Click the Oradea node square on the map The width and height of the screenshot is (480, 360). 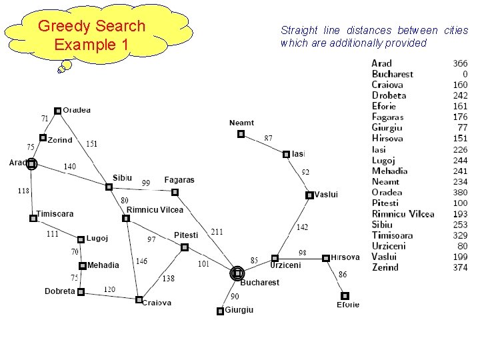pos(58,111)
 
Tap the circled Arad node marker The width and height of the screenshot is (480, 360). pos(31,164)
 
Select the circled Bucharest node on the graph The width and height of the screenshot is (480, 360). pos(237,273)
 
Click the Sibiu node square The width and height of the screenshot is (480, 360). pos(109,187)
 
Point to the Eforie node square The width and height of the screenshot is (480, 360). pos(345,295)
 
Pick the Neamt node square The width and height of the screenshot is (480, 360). pos(241,134)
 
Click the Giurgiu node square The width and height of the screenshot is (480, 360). pos(221,311)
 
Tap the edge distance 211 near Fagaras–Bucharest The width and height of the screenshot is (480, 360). pos(217,232)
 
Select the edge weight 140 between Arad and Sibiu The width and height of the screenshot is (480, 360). pos(69,166)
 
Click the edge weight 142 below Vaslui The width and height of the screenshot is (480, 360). pos(302,227)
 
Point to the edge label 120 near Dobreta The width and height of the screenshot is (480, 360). pos(109,289)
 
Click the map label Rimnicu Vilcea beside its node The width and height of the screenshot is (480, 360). pos(155,210)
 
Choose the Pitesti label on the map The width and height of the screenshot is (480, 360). pos(186,235)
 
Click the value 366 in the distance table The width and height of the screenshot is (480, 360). pos(460,63)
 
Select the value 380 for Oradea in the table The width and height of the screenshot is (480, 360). pos(460,193)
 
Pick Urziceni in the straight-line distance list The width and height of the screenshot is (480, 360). pos(389,246)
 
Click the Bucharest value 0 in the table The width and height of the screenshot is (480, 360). pos(465,74)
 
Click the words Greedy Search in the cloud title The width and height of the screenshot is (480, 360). pos(91,26)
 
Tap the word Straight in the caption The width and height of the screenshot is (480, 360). pos(299,30)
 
